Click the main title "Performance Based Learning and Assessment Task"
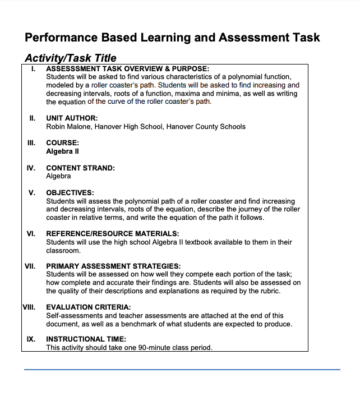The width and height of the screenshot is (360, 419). coord(172,38)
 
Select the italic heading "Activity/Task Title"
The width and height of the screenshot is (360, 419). coord(71,58)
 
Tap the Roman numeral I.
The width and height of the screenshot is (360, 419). coord(34,68)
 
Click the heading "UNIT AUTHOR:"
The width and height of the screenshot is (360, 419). coord(72,118)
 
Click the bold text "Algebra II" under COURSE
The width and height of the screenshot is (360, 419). coord(62,151)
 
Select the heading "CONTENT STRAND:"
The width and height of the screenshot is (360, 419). coord(80,168)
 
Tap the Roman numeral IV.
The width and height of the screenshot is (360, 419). coord(31,168)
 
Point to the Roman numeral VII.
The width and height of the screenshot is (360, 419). coord(30,266)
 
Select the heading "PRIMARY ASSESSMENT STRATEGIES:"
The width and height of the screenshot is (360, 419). coord(113,266)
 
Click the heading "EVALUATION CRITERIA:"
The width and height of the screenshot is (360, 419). coord(89,307)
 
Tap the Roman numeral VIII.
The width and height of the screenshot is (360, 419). coord(29,307)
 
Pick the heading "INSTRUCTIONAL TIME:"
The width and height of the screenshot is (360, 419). coord(86,339)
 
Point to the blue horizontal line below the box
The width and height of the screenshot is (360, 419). coord(182,370)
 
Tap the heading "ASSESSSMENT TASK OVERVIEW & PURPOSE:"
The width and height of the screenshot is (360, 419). coord(127,68)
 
